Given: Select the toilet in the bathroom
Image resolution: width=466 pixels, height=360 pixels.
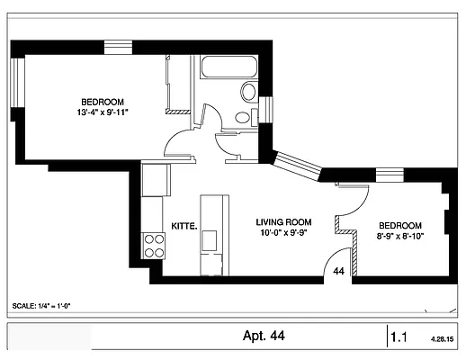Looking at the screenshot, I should coord(248,91).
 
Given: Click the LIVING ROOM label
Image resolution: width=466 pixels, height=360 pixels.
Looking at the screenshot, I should coord(283,221).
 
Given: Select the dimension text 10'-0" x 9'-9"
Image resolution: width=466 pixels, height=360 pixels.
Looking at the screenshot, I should coord(283,232).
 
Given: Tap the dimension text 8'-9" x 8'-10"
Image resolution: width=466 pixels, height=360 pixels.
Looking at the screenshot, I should coord(400,235).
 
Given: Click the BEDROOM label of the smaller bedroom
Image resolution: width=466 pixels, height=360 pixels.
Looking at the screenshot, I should coord(400,225).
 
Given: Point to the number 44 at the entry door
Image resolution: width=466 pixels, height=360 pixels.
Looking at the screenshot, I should coord(339,270).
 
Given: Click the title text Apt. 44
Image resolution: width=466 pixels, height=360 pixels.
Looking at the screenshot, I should coord(264,337).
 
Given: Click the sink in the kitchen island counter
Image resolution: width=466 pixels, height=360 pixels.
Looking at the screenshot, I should coord(210,240).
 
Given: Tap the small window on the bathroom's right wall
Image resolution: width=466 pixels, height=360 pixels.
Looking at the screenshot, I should coord(266,108).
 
